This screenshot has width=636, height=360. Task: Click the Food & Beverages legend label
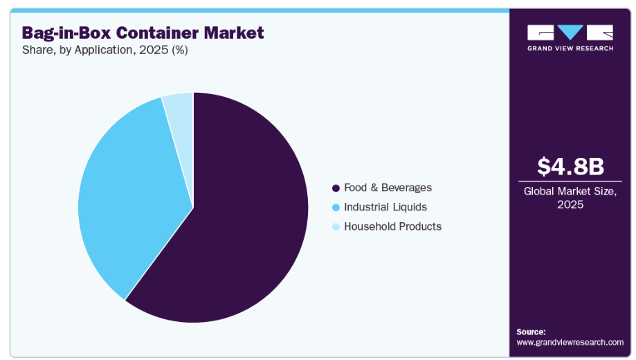click(388, 188)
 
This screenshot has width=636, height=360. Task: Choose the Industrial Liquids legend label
click(385, 207)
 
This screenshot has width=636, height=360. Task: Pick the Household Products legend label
click(392, 226)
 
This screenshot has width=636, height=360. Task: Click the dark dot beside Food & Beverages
click(336, 188)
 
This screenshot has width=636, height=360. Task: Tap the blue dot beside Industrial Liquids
click(336, 208)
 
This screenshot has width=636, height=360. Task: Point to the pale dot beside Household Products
click(336, 227)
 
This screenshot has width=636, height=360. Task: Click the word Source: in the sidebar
click(531, 332)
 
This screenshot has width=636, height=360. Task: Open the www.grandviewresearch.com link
click(570, 342)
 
